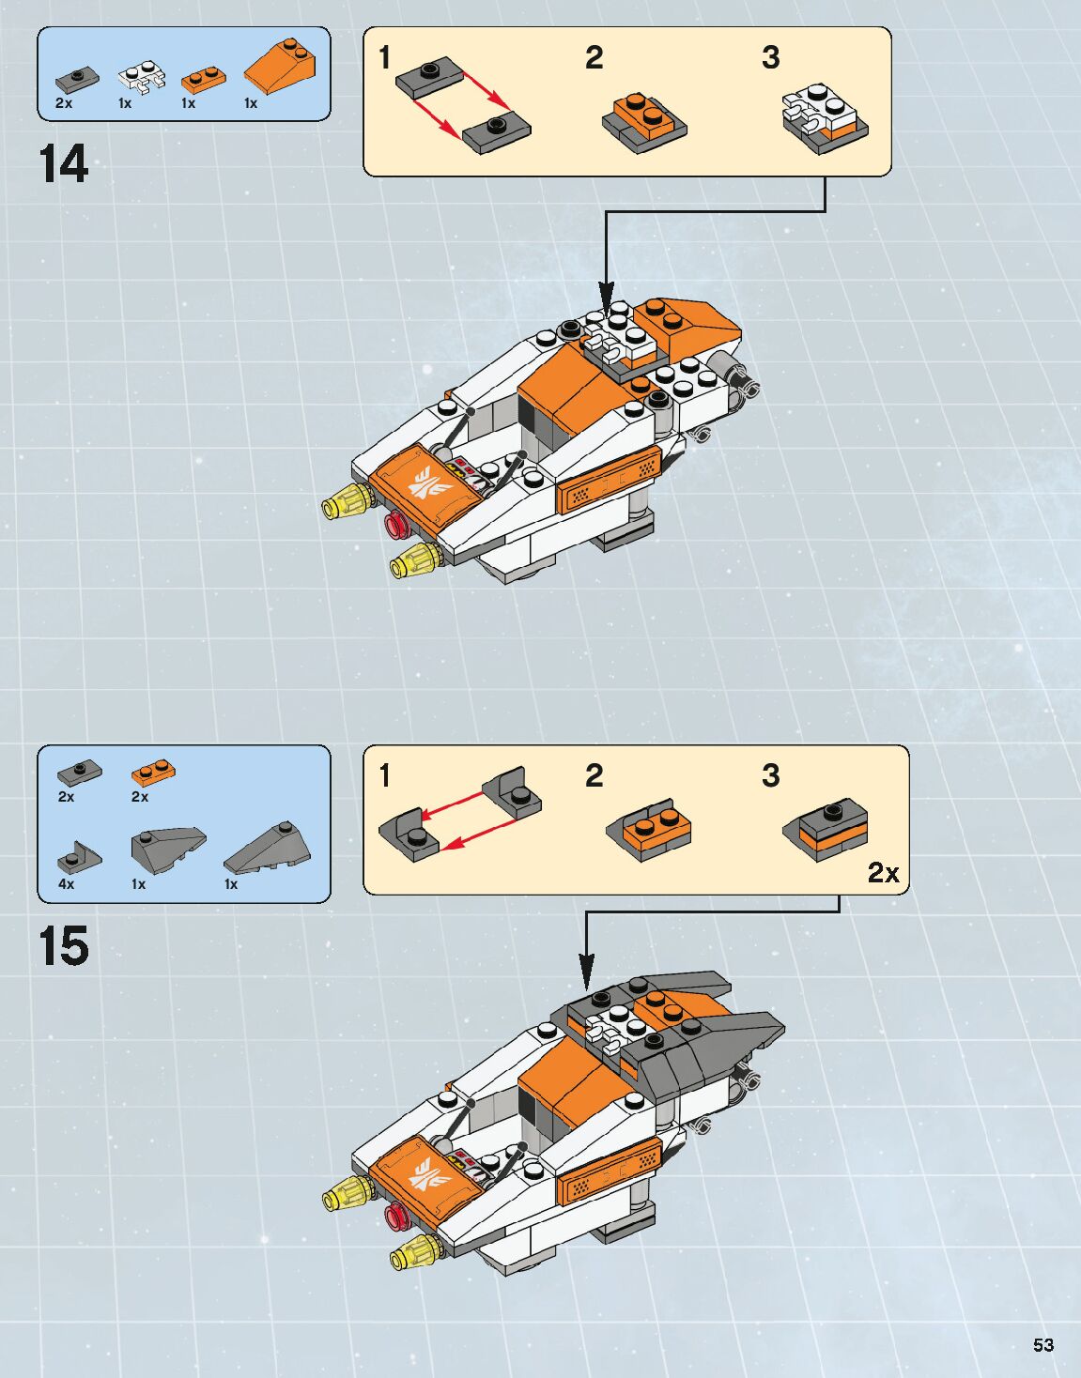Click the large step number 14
pyautogui.click(x=64, y=164)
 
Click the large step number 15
pyautogui.click(x=64, y=946)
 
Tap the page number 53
pyautogui.click(x=1043, y=1345)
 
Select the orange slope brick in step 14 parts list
pyautogui.click(x=280, y=66)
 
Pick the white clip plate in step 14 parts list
pyautogui.click(x=141, y=78)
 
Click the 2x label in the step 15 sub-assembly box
pyautogui.click(x=883, y=873)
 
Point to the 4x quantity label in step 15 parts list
pyautogui.click(x=66, y=884)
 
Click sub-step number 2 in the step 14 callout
pyautogui.click(x=594, y=58)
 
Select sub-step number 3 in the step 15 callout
pyautogui.click(x=770, y=776)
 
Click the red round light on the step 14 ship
pyautogui.click(x=396, y=524)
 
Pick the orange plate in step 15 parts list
pyautogui.click(x=154, y=773)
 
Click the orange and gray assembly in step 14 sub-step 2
pyautogui.click(x=643, y=122)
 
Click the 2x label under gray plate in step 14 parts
pyautogui.click(x=64, y=103)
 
